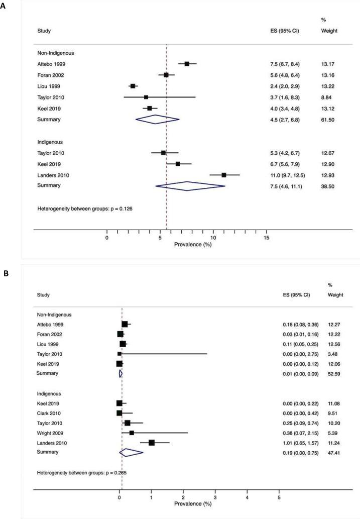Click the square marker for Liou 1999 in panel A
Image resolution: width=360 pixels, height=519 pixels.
click(133, 86)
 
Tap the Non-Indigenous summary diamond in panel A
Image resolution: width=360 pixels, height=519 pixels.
click(157, 119)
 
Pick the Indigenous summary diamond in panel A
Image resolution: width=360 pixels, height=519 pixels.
click(190, 186)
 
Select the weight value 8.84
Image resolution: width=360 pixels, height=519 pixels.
click(326, 97)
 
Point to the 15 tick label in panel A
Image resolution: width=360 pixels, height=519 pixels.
click(266, 237)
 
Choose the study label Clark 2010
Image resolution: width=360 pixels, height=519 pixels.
click(50, 413)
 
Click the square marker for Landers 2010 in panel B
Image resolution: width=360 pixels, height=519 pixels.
click(152, 443)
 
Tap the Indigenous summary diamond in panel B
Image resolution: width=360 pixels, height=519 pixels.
click(131, 452)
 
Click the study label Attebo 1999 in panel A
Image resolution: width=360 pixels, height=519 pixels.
click(51, 64)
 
